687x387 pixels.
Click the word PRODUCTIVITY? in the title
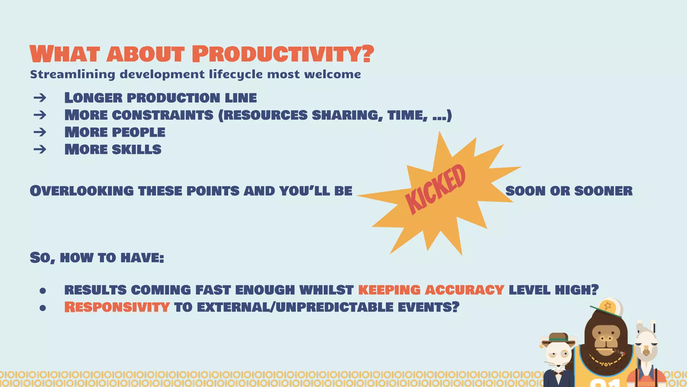pos(283,54)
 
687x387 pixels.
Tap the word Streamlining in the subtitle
pos(72,74)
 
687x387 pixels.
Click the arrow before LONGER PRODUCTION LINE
pos(40,98)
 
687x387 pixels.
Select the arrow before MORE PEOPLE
pos(40,132)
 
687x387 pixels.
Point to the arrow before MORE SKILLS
pos(40,149)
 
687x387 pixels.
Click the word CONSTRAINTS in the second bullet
pos(163,115)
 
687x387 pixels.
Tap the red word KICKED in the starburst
pos(435,189)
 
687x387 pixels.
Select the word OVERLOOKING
pos(82,191)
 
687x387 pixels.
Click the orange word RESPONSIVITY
pos(117,307)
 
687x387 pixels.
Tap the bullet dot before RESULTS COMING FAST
pos(43,291)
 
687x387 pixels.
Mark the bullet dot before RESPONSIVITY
pos(43,308)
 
